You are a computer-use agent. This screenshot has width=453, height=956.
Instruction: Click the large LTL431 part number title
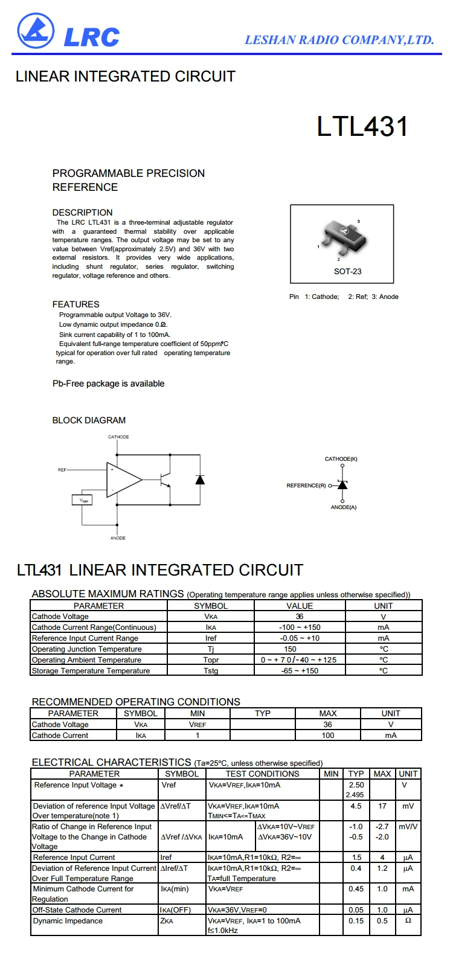pyautogui.click(x=362, y=127)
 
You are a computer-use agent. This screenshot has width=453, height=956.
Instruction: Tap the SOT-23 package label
pyautogui.click(x=348, y=271)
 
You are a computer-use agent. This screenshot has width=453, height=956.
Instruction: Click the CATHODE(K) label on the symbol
pyautogui.click(x=341, y=459)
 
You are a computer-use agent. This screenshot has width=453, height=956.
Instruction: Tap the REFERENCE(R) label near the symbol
pyautogui.click(x=306, y=486)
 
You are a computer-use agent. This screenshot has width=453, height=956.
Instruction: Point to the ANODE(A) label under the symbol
pyautogui.click(x=343, y=507)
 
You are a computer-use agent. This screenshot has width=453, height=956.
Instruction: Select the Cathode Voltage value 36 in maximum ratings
pyautogui.click(x=300, y=617)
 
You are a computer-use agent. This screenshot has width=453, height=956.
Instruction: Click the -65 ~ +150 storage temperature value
pyautogui.click(x=300, y=671)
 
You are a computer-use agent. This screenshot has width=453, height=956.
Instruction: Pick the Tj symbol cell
pyautogui.click(x=211, y=649)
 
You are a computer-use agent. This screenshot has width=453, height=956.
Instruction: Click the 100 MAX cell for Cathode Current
pyautogui.click(x=328, y=736)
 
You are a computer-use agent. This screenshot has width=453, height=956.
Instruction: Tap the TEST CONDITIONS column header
pyautogui.click(x=263, y=774)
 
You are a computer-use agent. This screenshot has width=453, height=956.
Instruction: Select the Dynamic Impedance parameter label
pyautogui.click(x=68, y=921)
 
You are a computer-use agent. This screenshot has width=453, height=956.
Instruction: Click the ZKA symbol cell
pyautogui.click(x=167, y=921)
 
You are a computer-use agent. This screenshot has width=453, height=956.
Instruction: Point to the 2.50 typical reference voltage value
pyautogui.click(x=356, y=785)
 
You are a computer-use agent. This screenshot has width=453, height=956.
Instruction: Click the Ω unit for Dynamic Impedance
pyautogui.click(x=408, y=921)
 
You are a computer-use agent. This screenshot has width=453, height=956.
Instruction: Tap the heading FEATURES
pyautogui.click(x=76, y=304)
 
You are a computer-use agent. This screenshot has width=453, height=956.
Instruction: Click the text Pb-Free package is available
pyautogui.click(x=109, y=383)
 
